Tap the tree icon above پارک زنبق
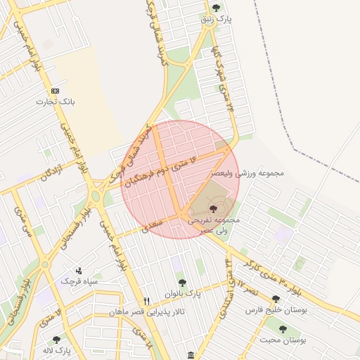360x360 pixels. coord(216,8)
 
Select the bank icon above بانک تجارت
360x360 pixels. coord(56,91)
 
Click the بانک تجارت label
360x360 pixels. coord(56,102)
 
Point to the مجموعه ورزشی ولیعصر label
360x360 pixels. coord(247,173)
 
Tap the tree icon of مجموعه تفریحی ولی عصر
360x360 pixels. coord(213,208)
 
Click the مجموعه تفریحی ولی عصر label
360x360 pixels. coord(213,224)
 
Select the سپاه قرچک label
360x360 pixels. coord(78,281)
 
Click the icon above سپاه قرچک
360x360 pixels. coord(78,270)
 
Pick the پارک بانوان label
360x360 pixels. coord(183,293)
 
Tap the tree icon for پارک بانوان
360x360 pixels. coord(182,283)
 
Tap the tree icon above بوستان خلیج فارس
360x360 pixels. coord(276,299)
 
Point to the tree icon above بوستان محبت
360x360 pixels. coord(283,329)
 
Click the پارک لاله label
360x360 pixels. coord(58,350)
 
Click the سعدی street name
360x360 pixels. coord(151,225)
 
